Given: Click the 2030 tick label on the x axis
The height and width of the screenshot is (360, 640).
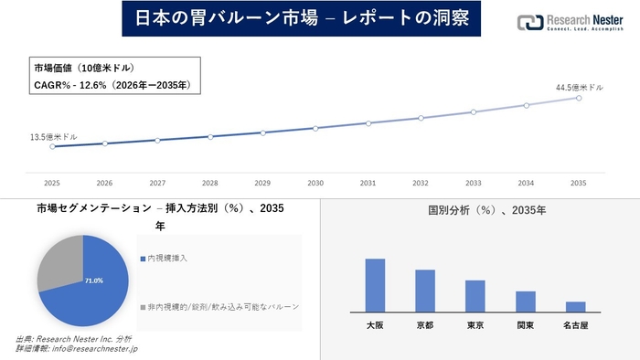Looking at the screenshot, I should tap(315, 183).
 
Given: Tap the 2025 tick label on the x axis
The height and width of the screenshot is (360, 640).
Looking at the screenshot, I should tap(52, 183).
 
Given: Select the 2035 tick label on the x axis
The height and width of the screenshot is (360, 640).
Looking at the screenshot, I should tap(579, 183).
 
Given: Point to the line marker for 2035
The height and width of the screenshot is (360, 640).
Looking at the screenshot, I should tap(579, 97).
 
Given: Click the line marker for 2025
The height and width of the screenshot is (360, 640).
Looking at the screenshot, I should tap(52, 146).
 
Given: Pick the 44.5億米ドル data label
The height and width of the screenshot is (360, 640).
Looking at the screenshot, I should tap(580, 87).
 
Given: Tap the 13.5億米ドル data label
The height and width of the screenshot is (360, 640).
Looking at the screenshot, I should tap(54, 136).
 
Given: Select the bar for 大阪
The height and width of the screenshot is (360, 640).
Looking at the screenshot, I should tap(375, 285).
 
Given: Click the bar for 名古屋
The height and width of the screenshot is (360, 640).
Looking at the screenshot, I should tap(575, 306).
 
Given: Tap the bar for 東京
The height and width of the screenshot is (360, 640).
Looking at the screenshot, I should tap(475, 295).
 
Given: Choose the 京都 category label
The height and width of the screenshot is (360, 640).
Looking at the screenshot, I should tap(425, 325).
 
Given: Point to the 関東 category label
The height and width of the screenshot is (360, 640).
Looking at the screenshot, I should tap(525, 325).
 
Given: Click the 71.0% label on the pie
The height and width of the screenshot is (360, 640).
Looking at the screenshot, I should tap(94, 281).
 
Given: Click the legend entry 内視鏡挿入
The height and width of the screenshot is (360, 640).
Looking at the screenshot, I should tap(164, 259).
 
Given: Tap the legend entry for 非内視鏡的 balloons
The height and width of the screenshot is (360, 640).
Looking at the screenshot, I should tap(219, 306).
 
